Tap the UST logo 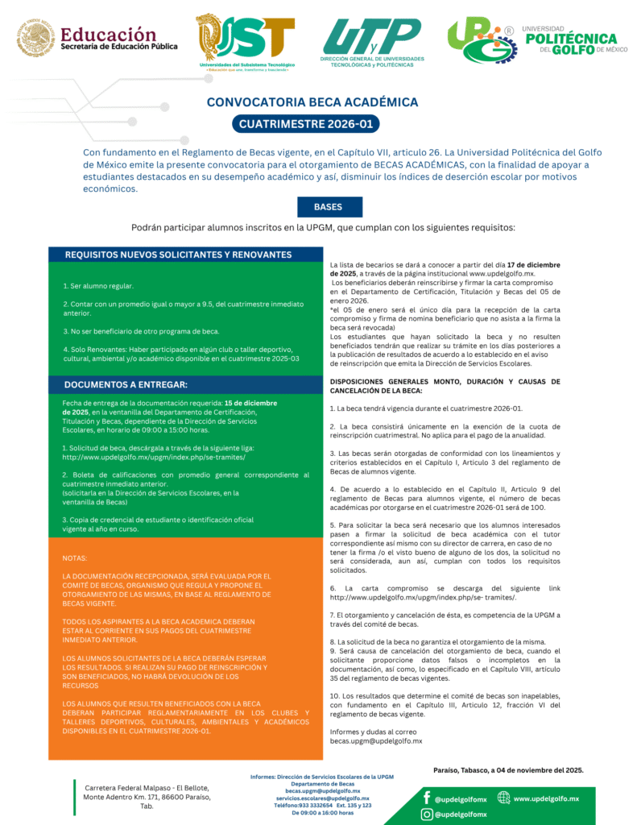tap(246, 40)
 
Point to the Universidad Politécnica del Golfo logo tap(532, 39)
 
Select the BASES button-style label tap(328, 207)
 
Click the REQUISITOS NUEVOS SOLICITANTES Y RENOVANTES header tap(178, 255)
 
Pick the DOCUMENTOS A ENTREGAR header tap(126, 384)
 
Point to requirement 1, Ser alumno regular tap(98, 286)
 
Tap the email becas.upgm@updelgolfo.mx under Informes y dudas tap(376, 740)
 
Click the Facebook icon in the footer tap(426, 798)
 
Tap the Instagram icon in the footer tap(426, 815)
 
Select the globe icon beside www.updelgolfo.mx tap(503, 798)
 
